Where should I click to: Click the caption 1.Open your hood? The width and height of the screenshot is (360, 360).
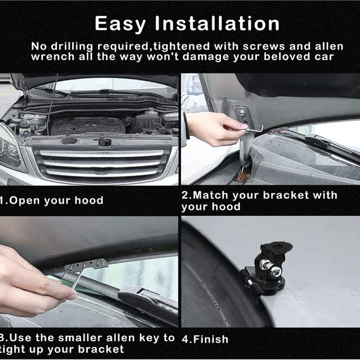click(52, 201)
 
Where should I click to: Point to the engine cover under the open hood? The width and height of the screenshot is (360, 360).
click(88, 125)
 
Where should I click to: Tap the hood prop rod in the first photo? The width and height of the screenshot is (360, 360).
click(51, 103)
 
